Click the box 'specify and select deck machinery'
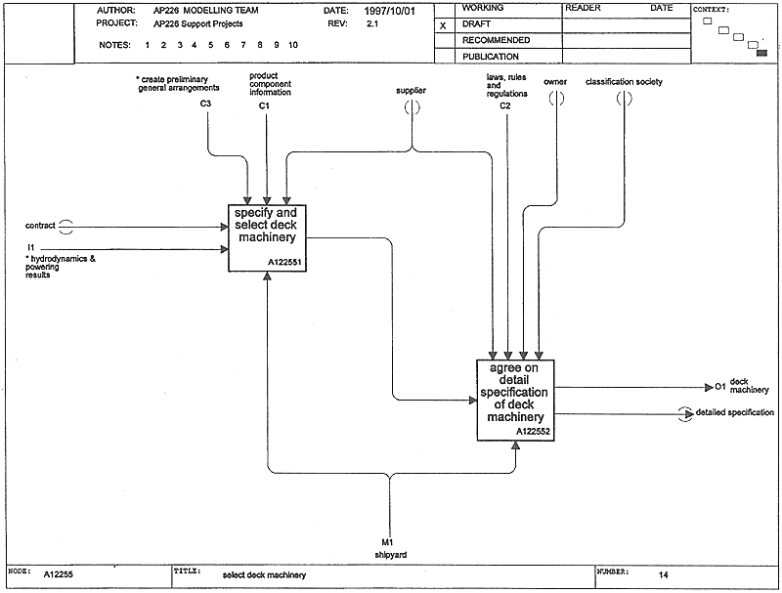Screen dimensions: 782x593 pos(267,238)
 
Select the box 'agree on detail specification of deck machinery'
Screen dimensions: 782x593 pos(515,401)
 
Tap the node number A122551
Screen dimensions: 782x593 pos(284,263)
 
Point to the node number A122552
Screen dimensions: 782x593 pos(533,432)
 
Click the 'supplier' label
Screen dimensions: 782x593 pos(411,90)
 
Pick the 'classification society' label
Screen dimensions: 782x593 pos(624,82)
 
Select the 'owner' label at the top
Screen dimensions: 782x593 pos(555,82)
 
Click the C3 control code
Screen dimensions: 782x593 pos(205,104)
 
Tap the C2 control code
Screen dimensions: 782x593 pos(505,106)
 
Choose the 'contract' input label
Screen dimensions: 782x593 pos(40,226)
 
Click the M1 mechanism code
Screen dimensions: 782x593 pos(387,542)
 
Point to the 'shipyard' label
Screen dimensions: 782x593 pos(390,555)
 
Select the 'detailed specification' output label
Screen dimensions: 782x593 pos(735,412)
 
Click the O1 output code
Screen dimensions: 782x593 pos(720,387)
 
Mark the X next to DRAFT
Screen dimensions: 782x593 pos(443,26)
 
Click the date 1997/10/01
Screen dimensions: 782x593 pos(389,11)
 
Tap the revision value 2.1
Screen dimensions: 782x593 pos(372,23)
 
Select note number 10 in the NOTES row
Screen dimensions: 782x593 pos(292,45)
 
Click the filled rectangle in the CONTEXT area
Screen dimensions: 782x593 pos(761,53)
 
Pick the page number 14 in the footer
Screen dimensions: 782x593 pos(663,575)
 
